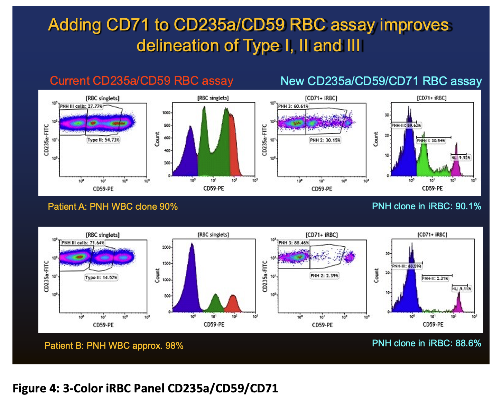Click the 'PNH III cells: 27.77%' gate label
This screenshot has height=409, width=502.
click(81, 106)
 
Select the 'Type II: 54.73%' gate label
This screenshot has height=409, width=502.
click(103, 140)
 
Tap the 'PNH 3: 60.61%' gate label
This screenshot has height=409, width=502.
click(293, 106)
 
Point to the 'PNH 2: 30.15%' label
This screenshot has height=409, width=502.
click(325, 140)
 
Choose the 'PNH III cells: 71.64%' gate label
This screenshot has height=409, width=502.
click(83, 243)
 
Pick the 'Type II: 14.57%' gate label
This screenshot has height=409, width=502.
click(101, 278)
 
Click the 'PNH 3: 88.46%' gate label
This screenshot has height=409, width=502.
click(294, 243)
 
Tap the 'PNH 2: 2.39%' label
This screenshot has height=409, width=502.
click(324, 276)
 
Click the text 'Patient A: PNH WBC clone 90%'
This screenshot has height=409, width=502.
click(113, 207)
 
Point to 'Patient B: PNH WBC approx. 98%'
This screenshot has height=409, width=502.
click(114, 346)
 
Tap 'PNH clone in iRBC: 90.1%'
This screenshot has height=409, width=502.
click(426, 206)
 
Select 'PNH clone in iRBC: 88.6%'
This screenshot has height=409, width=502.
click(426, 343)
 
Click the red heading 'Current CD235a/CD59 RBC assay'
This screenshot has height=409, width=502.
click(141, 81)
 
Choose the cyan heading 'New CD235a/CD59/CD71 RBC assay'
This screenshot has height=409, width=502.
click(381, 81)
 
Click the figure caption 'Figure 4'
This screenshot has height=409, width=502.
click(145, 388)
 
